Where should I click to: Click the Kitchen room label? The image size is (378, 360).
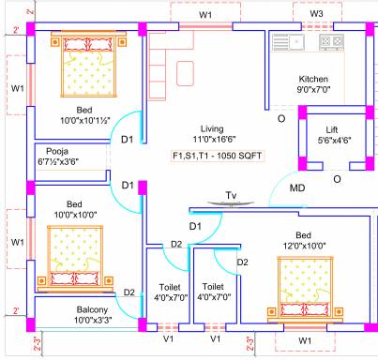313,79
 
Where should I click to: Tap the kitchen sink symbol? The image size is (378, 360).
288,42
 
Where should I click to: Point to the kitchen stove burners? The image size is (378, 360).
331,41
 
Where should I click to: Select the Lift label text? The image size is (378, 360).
332,129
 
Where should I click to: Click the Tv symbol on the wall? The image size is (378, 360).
231,203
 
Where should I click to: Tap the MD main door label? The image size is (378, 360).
297,187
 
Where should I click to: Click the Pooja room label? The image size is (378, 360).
57,151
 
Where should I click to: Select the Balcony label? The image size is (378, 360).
92,309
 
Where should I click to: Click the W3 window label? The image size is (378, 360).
316,14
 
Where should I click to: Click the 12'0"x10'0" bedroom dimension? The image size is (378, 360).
304,246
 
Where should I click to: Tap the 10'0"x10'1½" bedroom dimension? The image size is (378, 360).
85,121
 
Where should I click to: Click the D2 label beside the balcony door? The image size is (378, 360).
129,292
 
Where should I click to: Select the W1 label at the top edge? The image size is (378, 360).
205,15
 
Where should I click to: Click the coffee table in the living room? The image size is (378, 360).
185,73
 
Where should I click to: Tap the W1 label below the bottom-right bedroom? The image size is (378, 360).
305,340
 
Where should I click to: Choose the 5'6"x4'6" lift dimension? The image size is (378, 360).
334,141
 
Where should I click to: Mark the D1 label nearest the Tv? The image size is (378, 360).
195,226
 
